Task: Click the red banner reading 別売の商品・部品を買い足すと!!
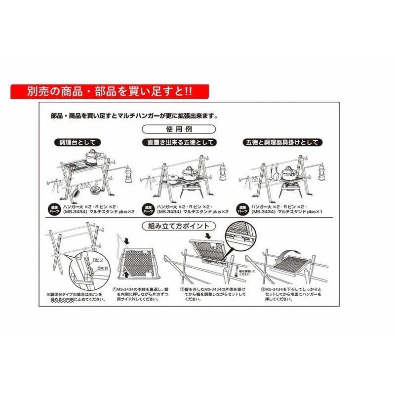pos(110,91)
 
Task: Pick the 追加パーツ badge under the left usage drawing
pos(53,208)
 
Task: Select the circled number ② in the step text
pos(182,289)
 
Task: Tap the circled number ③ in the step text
pos(262,289)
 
